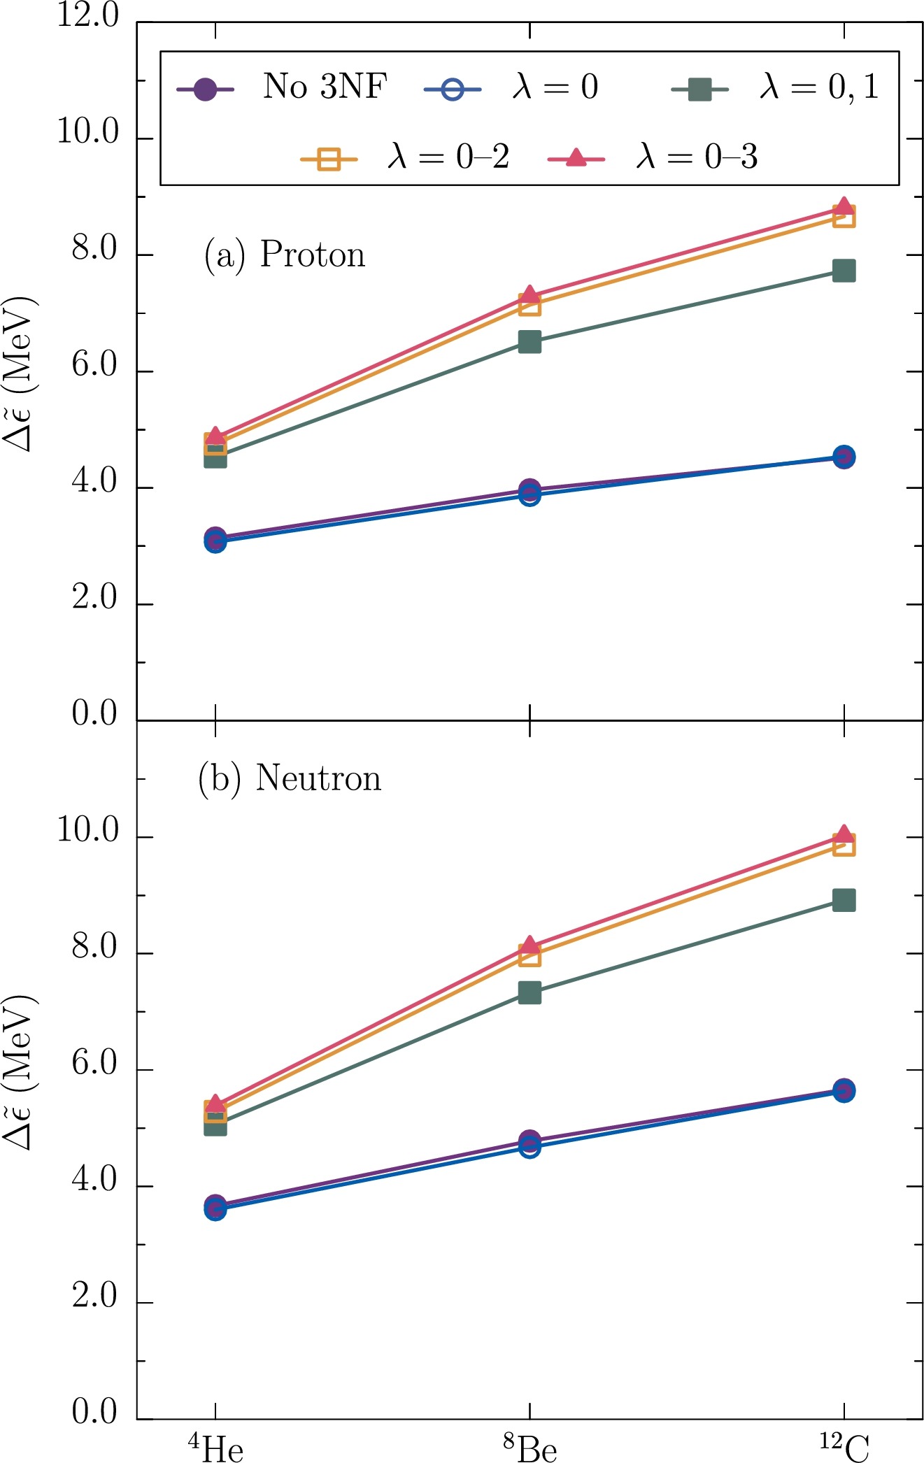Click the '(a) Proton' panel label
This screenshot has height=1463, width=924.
[285, 255]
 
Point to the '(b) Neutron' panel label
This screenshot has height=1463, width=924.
[290, 778]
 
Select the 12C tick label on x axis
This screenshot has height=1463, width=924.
[844, 1446]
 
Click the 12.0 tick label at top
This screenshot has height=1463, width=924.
[88, 15]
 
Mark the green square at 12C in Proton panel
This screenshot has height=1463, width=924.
[844, 271]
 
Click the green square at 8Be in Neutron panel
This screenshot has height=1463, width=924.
[529, 992]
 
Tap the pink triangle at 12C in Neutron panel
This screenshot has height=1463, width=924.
[844, 834]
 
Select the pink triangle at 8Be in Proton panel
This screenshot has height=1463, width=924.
[529, 295]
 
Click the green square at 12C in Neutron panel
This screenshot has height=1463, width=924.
[844, 900]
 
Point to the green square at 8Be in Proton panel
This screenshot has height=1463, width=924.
[529, 342]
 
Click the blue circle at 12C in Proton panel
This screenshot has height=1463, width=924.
[844, 457]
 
